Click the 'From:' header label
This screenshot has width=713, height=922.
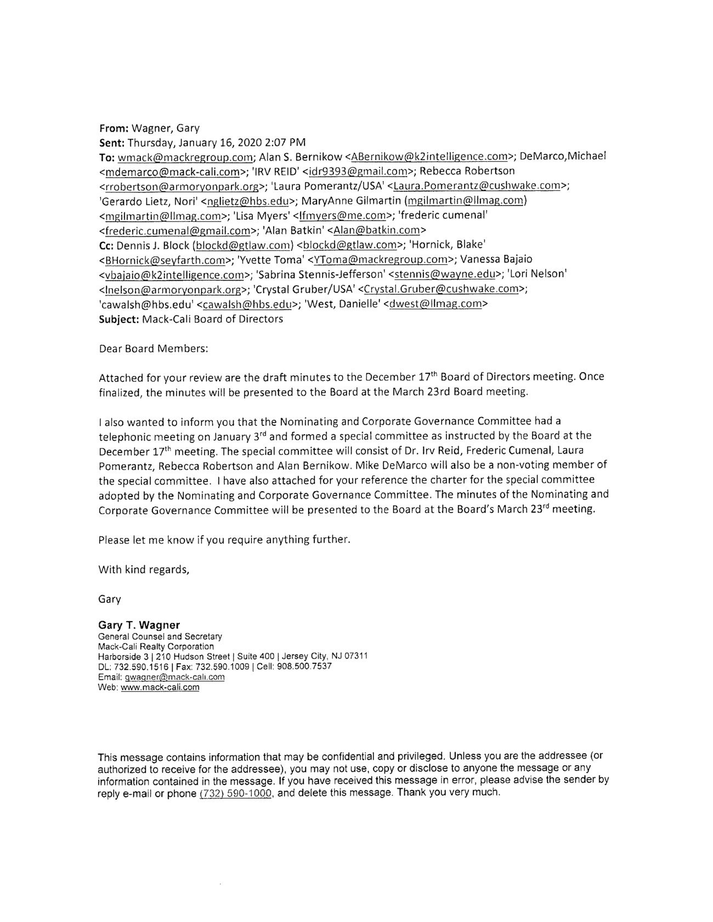tap(114, 128)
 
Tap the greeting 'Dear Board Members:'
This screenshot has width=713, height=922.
tap(153, 349)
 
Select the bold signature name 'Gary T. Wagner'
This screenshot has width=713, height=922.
tap(139, 625)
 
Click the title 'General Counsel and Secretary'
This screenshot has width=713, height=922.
tap(160, 637)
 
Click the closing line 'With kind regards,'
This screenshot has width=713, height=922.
tap(144, 569)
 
